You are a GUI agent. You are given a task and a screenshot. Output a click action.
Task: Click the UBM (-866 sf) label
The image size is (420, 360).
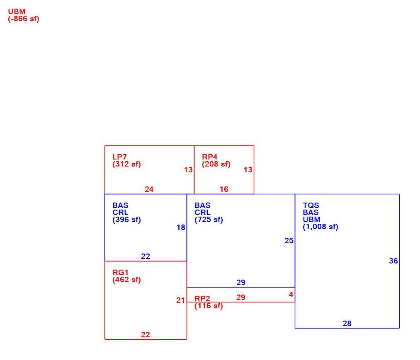24,15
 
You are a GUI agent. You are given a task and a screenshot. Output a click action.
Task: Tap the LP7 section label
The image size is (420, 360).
119,157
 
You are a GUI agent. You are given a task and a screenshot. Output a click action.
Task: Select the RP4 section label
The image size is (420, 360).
209,157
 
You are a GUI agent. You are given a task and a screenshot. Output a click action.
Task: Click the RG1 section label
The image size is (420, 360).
121,273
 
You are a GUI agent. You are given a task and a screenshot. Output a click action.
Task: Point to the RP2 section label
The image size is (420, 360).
202,298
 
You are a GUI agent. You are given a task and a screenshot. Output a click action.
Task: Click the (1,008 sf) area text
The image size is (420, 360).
320,227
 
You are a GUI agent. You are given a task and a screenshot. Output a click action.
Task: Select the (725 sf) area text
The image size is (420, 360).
209,220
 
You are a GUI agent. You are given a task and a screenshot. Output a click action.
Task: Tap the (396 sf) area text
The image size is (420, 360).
127,220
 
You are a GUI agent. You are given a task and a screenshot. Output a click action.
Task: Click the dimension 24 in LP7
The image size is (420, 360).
149,189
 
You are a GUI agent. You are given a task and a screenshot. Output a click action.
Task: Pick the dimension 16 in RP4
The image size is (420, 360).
224,189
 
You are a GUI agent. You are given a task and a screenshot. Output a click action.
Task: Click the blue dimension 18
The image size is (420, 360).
181,227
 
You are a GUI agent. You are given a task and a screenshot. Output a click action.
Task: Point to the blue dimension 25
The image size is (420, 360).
289,241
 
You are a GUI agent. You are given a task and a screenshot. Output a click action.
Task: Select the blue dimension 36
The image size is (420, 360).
393,261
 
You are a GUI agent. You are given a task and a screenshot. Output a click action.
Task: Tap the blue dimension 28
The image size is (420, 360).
347,324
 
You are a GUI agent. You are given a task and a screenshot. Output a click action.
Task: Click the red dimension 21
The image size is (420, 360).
180,301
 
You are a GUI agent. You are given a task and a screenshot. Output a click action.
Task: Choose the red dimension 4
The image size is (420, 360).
291,295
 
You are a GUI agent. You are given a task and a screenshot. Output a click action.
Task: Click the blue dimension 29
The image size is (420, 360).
241,283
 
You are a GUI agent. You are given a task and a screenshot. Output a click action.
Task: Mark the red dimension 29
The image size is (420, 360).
241,297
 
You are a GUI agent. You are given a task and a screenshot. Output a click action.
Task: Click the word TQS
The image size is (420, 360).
311,205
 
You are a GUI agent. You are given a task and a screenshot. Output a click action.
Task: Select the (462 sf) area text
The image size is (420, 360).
127,280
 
